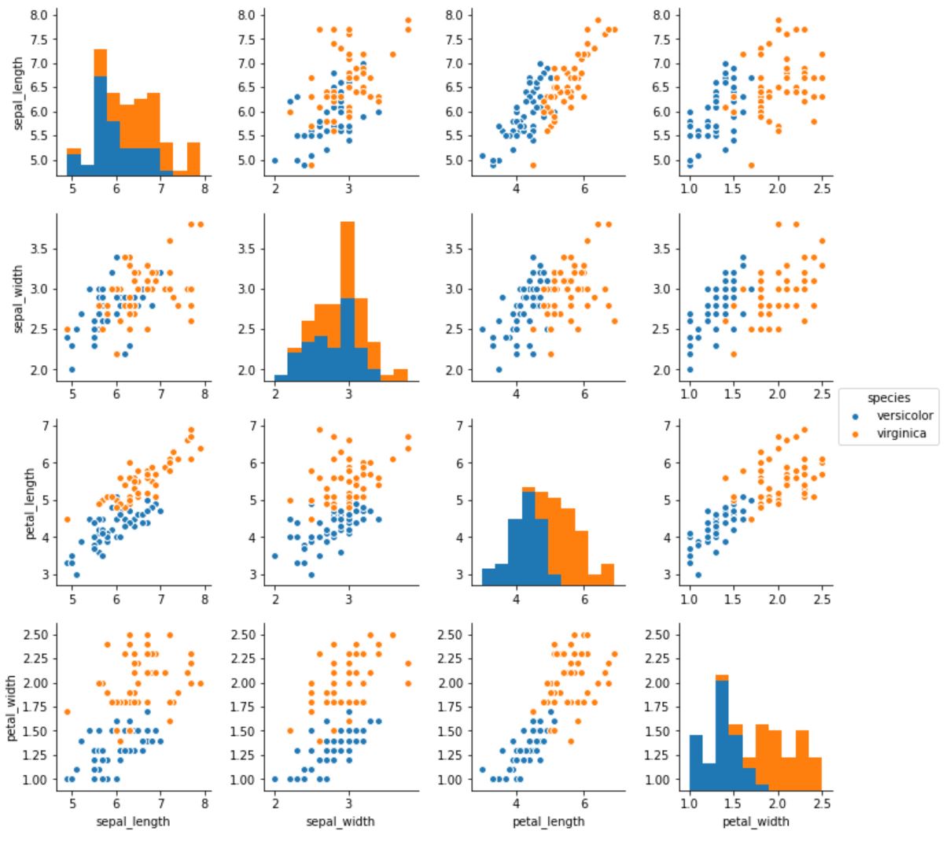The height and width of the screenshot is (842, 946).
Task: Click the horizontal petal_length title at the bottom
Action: tap(549, 822)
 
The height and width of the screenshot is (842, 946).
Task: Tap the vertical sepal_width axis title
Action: tap(18, 299)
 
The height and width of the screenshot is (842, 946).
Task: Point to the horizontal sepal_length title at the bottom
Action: tap(133, 822)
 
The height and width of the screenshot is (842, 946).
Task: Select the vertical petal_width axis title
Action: tap(11, 707)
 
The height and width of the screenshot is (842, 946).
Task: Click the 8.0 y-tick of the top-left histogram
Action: tap(39, 16)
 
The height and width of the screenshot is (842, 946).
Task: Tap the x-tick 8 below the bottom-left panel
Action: tap(204, 803)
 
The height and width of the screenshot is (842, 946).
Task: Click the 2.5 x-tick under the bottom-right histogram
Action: tap(822, 803)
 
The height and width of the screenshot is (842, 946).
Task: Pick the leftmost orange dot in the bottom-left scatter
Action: tap(68, 711)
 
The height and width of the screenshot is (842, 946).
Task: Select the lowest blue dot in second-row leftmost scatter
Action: tap(72, 369)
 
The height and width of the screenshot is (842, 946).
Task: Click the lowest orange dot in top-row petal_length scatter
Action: tap(533, 165)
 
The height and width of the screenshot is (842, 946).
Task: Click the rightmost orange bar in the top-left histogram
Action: tap(193, 158)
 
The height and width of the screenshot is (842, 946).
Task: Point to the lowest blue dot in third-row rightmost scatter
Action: tap(698, 574)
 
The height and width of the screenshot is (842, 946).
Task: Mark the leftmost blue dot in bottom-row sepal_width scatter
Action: tap(275, 779)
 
